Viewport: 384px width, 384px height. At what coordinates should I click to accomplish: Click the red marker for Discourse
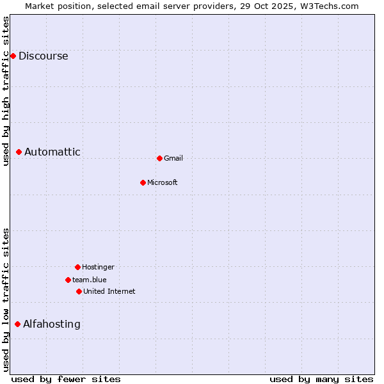click(x=13, y=56)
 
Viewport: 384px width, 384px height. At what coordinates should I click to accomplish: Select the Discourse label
click(x=43, y=56)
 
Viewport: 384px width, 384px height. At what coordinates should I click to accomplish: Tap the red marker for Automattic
click(x=19, y=152)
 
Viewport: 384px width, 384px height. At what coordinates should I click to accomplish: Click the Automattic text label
click(x=52, y=152)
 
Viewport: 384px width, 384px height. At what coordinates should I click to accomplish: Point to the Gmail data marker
click(x=159, y=158)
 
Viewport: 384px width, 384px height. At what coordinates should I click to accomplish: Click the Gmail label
click(x=173, y=158)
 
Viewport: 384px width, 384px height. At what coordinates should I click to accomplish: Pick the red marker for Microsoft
click(x=143, y=182)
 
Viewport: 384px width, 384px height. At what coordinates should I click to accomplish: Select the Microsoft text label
click(x=163, y=182)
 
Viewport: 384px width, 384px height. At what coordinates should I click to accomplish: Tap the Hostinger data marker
click(x=77, y=267)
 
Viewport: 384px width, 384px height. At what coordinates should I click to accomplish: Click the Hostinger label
click(x=98, y=267)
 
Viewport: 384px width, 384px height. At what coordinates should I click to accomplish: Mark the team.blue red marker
click(x=68, y=280)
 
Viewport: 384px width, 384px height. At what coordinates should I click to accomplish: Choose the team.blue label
click(x=90, y=280)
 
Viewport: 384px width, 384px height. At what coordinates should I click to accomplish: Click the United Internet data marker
click(x=79, y=291)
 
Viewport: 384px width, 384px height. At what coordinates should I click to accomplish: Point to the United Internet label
click(x=109, y=291)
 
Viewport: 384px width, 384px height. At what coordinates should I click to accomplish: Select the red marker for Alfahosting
click(x=17, y=324)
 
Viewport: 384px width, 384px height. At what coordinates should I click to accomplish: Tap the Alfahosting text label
click(x=52, y=324)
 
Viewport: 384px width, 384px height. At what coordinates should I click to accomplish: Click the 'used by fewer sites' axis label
click(x=66, y=379)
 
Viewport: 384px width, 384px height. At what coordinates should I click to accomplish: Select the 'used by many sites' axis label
click(x=321, y=379)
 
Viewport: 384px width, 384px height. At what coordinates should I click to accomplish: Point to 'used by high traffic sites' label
click(x=6, y=91)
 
